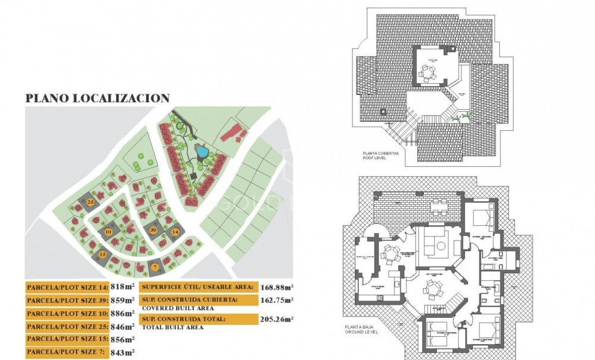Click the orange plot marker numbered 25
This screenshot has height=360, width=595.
90,202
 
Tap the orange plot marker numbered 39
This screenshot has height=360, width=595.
153,230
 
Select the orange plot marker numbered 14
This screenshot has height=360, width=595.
175,232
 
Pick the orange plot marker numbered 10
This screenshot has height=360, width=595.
108,231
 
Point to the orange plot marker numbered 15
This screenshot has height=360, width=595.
103,254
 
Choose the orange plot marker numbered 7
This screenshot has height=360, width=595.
155,267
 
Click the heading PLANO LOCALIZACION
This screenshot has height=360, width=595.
97,99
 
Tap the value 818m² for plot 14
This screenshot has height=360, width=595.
122,286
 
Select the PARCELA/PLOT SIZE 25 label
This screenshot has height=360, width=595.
67,326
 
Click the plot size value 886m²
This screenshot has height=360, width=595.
122,313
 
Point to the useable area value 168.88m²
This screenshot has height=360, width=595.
277,287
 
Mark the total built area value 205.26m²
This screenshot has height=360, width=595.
277,320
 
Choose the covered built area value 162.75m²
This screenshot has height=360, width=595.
277,301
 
